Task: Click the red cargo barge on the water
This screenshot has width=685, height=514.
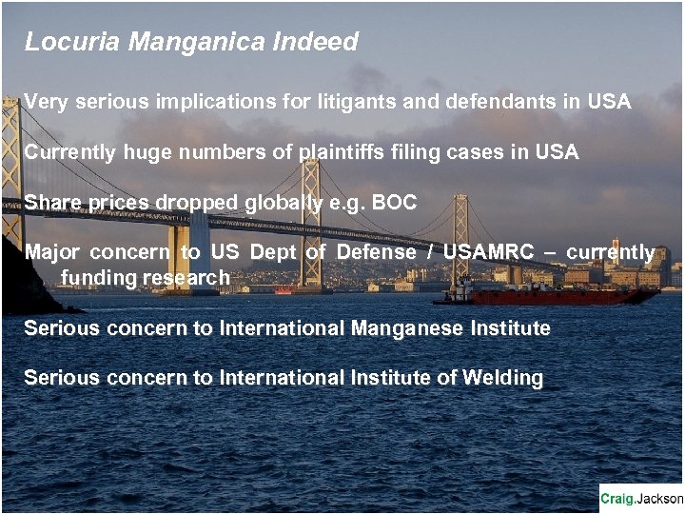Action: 561,296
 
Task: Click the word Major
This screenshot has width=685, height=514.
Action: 52,253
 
